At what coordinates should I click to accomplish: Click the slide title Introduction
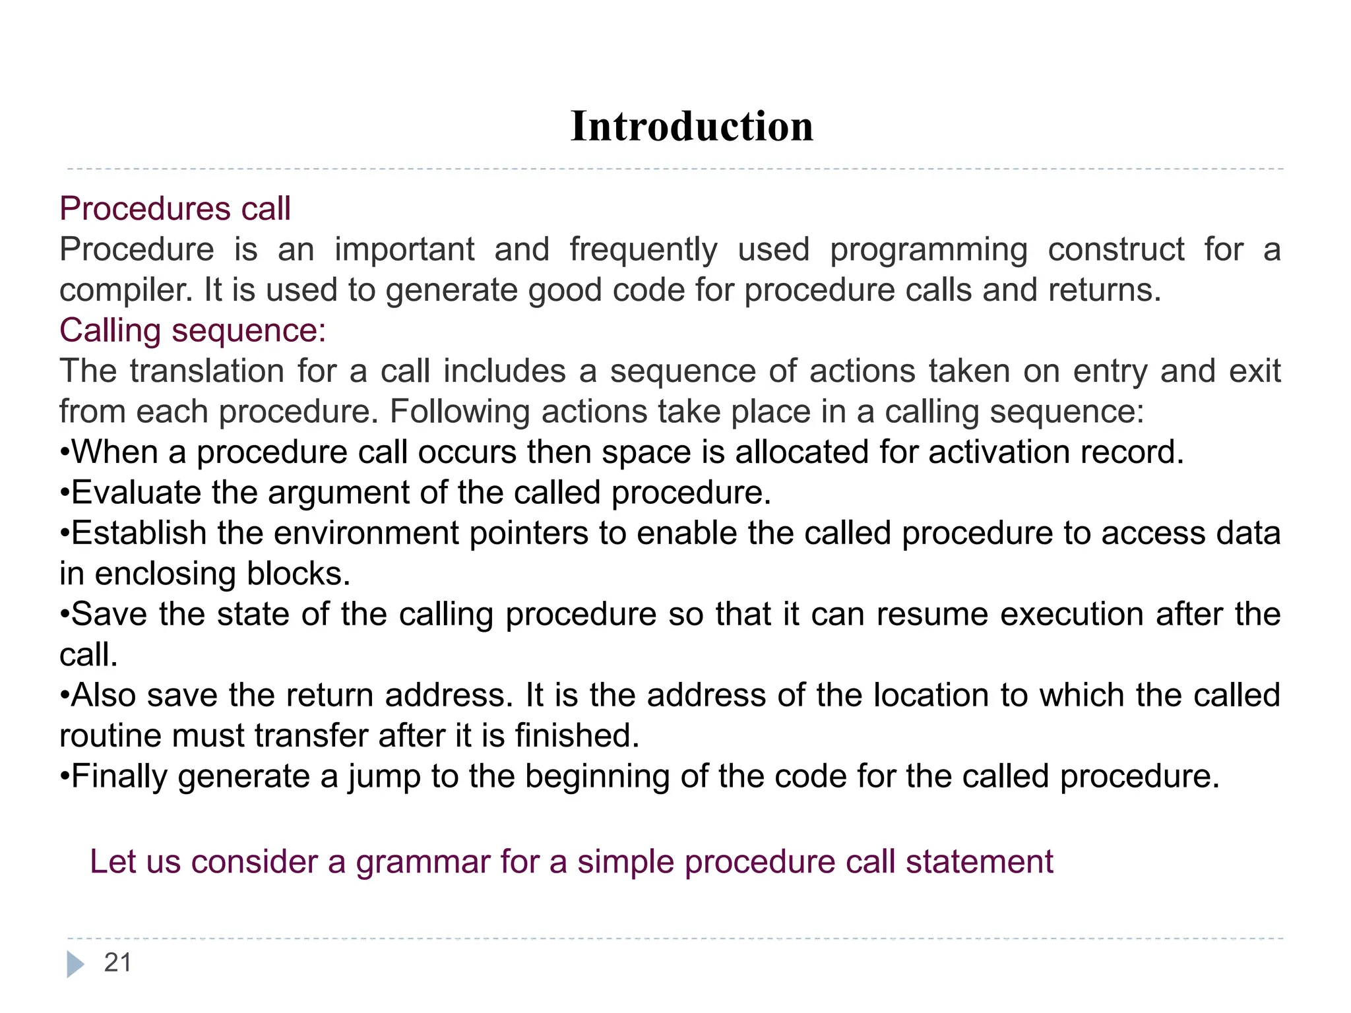pyautogui.click(x=691, y=127)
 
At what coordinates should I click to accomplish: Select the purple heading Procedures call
pyautogui.click(x=175, y=209)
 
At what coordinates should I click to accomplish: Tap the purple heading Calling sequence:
pyautogui.click(x=193, y=330)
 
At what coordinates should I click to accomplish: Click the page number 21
pyautogui.click(x=117, y=963)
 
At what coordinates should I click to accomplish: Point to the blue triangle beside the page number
pyautogui.click(x=75, y=964)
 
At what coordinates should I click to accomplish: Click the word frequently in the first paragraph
pyautogui.click(x=643, y=250)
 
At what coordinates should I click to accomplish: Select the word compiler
pyautogui.click(x=125, y=291)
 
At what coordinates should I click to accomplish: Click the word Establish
pyautogui.click(x=139, y=533)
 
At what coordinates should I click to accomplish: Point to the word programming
pyautogui.click(x=929, y=250)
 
